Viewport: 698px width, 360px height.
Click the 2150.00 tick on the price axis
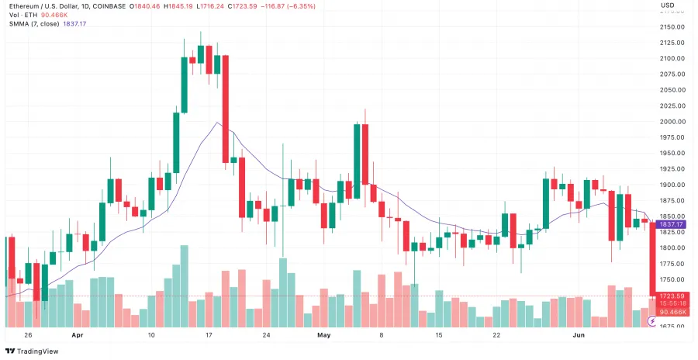(x=672, y=26)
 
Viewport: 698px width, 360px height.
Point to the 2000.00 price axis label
(x=672, y=122)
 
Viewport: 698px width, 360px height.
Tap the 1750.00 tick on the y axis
(x=672, y=279)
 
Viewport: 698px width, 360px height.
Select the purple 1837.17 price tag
(x=671, y=224)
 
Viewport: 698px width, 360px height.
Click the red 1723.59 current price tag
(x=671, y=296)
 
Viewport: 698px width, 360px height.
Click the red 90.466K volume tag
(x=671, y=312)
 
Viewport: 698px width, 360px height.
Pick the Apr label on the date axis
(x=77, y=336)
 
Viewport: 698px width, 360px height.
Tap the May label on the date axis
(x=324, y=336)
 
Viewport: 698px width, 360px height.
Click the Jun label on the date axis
(x=578, y=336)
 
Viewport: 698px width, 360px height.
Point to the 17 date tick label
(x=209, y=336)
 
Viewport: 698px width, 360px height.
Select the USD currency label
(x=667, y=5)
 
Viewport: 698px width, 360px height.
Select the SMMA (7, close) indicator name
(x=33, y=24)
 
